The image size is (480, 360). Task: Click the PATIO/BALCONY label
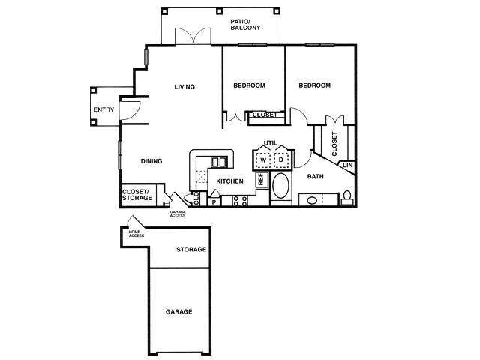click(x=244, y=25)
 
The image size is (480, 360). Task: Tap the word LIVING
click(x=184, y=87)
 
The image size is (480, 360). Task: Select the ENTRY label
click(x=103, y=110)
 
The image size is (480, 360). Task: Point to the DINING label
click(x=153, y=160)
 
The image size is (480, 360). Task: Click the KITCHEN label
click(x=230, y=181)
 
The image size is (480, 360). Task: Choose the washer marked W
click(x=264, y=160)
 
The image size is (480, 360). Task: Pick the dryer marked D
click(x=281, y=160)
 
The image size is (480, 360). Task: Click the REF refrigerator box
click(x=262, y=179)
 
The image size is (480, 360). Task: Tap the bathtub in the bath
click(x=281, y=186)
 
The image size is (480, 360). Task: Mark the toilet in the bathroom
click(x=347, y=198)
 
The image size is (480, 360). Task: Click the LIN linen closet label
click(x=348, y=165)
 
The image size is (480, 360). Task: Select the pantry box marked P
click(x=214, y=202)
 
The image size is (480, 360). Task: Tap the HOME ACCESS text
click(x=136, y=234)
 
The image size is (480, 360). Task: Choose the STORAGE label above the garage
click(x=191, y=250)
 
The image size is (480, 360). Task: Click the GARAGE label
click(x=179, y=311)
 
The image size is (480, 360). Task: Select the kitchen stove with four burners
click(x=240, y=200)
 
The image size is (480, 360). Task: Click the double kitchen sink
click(x=219, y=162)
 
